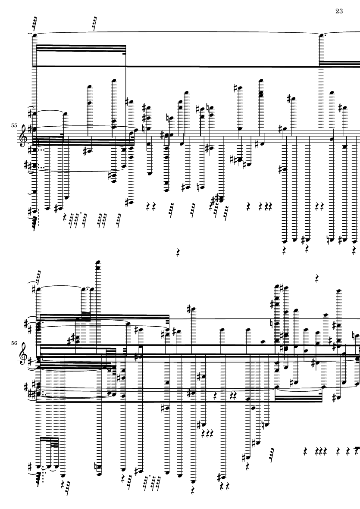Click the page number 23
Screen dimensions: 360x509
point(339,11)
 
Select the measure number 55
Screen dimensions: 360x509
point(14,125)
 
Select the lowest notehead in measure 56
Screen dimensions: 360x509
point(194,481)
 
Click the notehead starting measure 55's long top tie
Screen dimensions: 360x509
point(34,35)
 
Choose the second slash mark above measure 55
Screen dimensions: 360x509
point(94,23)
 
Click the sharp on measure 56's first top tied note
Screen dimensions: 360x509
point(34,288)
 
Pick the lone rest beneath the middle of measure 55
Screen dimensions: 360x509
point(178,252)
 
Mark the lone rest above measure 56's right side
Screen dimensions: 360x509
point(317,278)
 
